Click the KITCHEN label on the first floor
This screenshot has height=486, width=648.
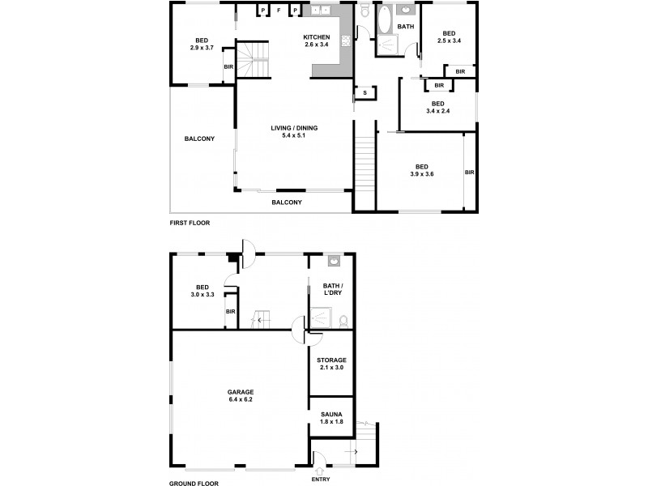tap(316, 37)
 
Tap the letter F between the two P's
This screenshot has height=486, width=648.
tap(279, 11)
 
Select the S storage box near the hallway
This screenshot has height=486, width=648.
tap(365, 93)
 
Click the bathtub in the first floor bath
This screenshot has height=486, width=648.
tap(383, 18)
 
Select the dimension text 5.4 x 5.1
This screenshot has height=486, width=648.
tap(293, 135)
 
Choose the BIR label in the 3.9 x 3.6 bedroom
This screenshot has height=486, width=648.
tap(470, 172)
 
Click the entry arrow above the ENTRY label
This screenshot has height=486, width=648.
tap(319, 469)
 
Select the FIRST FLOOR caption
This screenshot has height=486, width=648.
tap(189, 222)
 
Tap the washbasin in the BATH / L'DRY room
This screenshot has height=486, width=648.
tap(334, 262)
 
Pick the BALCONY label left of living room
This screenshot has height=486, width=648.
tap(199, 139)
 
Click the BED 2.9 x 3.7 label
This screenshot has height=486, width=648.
tap(202, 45)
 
